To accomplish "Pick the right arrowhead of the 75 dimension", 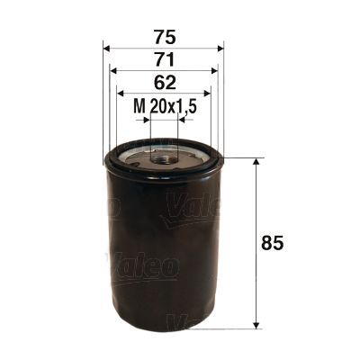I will (220, 49).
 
